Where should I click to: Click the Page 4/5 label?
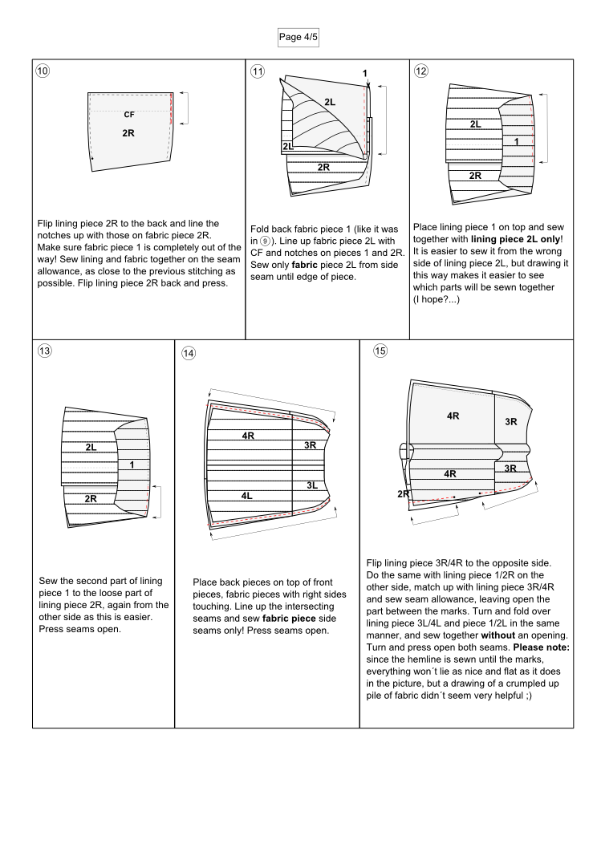point(298,36)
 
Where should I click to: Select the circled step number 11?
point(258,70)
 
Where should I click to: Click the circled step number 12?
point(422,70)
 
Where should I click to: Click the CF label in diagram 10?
point(129,115)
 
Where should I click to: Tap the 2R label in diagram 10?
point(128,132)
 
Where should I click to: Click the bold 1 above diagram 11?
point(365,75)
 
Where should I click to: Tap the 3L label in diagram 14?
point(313,485)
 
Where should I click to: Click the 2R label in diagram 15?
point(401,493)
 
